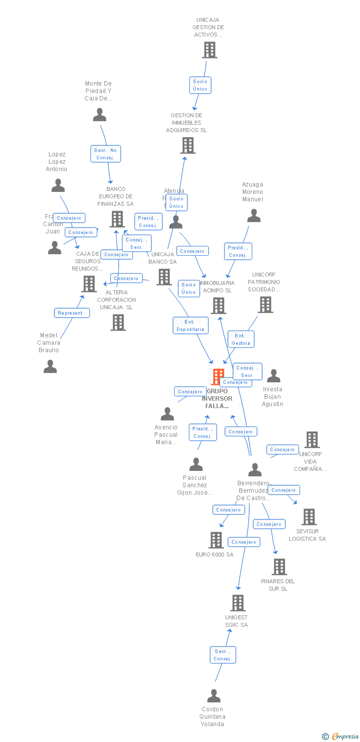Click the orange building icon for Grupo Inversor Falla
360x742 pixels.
click(x=218, y=377)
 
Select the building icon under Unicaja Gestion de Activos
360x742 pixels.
click(x=209, y=50)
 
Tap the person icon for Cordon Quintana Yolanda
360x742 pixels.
click(x=214, y=696)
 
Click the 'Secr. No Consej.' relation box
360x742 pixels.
click(x=105, y=154)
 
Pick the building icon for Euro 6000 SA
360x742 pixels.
click(x=216, y=540)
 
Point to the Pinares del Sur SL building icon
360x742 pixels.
click(x=279, y=567)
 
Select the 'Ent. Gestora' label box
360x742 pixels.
click(x=241, y=339)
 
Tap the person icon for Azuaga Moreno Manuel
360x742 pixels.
click(x=254, y=216)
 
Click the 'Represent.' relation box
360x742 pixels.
click(x=72, y=313)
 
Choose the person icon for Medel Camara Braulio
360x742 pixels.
click(x=50, y=367)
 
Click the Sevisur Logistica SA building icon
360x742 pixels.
click(x=309, y=517)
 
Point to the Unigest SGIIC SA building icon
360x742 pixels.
click(x=238, y=603)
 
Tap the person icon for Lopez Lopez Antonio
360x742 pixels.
click(x=58, y=185)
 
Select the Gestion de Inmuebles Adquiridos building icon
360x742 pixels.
click(x=188, y=145)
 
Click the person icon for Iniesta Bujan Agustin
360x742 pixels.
click(x=273, y=376)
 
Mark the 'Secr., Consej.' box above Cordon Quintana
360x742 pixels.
click(x=223, y=655)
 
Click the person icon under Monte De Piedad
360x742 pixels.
click(x=99, y=115)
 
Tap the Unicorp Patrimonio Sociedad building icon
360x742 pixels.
click(x=266, y=305)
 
